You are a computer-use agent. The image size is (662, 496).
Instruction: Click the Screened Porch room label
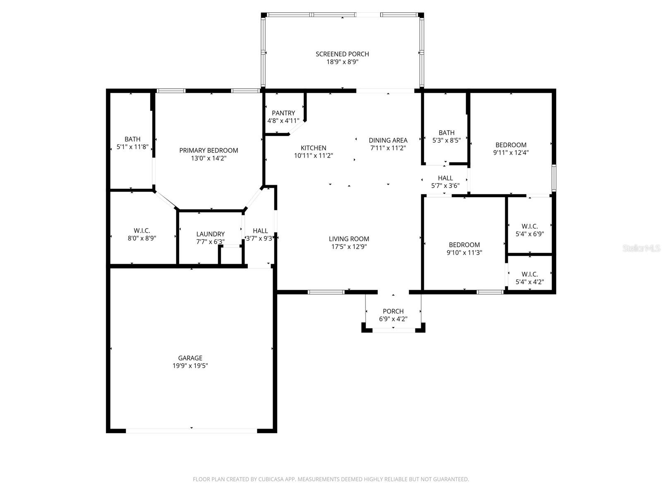point(342,54)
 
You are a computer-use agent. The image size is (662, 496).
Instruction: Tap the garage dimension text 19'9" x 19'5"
point(190,366)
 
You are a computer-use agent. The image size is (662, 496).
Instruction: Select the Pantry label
point(283,113)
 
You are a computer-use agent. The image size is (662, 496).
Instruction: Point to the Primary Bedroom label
point(209,150)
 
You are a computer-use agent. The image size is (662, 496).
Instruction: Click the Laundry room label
point(210,234)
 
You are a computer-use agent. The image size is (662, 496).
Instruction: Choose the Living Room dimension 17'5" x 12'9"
point(349,247)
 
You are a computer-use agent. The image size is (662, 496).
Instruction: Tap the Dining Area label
point(388,140)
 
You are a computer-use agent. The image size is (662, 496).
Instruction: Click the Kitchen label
point(313,148)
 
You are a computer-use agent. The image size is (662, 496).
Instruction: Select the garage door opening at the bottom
point(191,431)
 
